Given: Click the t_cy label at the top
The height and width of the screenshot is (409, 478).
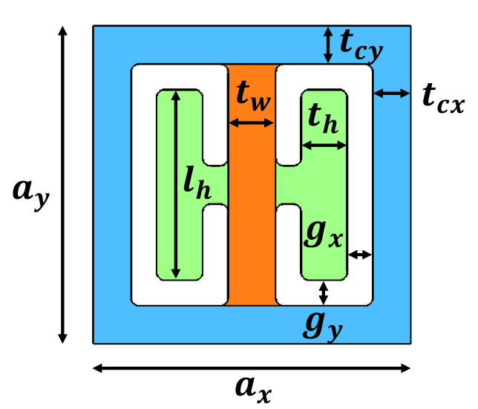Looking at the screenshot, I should tap(361, 45).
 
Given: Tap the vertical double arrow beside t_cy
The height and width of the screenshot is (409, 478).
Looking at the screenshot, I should tap(328, 45).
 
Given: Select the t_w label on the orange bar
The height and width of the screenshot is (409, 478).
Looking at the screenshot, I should tap(252, 96).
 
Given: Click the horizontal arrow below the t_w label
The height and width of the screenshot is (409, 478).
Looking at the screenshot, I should tap(251, 123).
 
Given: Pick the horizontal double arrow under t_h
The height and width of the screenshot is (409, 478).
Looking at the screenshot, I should tap(324, 145).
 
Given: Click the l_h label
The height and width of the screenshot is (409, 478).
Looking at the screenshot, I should tap(197, 183).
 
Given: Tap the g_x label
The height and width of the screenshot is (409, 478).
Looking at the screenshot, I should tap(324, 232).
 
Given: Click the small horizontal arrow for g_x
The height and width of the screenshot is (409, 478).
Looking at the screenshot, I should tap(360, 255).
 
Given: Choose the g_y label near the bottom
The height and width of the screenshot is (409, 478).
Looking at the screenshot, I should tap(323, 324).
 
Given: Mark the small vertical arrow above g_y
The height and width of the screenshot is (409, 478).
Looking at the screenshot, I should tap(324, 292).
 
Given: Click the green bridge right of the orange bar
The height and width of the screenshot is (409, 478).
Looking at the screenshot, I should tap(288, 185).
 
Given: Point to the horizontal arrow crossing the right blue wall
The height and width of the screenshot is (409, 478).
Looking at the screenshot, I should tap(392, 94).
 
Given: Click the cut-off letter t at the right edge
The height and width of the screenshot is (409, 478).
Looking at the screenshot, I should tap(428, 96).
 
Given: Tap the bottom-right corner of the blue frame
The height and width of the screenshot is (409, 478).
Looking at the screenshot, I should tap(410, 343).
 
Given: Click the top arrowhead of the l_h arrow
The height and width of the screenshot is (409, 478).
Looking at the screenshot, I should tap(176, 94).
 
